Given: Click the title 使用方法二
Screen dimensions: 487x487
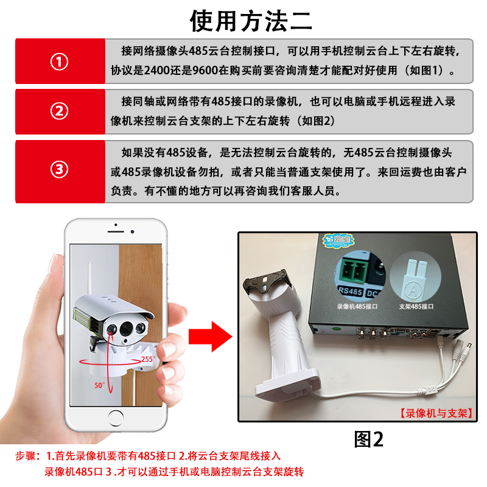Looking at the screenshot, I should coord(251,21).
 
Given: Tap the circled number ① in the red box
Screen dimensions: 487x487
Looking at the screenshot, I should coord(59,62).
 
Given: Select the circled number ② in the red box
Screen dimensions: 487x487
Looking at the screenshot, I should coord(59,112).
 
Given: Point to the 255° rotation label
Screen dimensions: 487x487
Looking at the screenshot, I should coord(147,359).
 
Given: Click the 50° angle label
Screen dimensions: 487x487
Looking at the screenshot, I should coord(99,385).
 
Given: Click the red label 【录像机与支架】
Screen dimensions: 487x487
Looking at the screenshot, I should coord(436,412).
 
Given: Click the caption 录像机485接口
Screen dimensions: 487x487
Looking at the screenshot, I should coord(357,307).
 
